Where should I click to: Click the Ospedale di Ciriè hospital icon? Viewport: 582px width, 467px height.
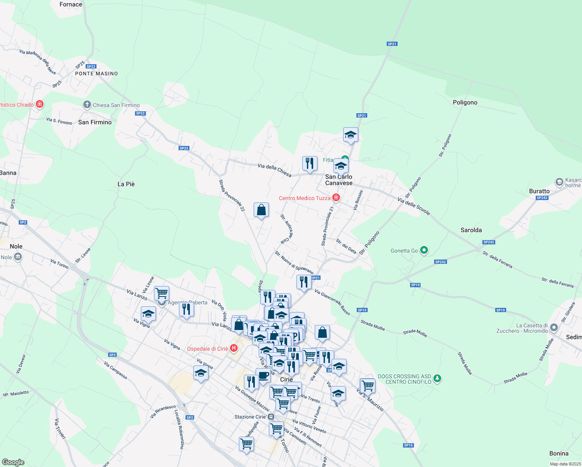click(234, 348)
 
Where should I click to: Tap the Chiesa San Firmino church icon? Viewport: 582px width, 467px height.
click(87, 105)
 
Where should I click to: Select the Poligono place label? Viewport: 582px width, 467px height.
click(465, 102)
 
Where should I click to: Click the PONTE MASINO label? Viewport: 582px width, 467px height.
click(96, 74)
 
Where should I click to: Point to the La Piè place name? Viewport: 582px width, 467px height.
click(126, 184)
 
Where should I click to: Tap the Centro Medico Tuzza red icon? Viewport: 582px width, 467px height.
click(336, 198)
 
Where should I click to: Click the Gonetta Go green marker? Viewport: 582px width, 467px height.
click(424, 250)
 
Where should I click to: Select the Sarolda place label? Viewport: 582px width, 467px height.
click(471, 230)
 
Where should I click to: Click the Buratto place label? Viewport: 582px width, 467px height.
click(539, 191)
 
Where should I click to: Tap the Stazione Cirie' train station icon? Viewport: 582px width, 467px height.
click(271, 417)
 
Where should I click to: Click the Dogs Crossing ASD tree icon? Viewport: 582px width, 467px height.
click(437, 378)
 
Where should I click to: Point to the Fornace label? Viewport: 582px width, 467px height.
click(71, 5)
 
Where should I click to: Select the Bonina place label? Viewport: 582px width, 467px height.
click(559, 453)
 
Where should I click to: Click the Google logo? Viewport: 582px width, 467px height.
click(13, 462)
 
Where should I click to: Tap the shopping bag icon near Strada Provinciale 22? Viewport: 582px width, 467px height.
click(261, 210)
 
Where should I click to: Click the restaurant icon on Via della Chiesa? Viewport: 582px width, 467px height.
click(310, 163)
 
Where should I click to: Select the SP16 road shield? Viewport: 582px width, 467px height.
click(408, 445)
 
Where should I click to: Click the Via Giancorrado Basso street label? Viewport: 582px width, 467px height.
click(332, 302)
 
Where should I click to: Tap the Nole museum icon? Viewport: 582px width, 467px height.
click(18, 257)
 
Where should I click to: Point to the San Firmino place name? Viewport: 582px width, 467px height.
click(95, 122)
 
